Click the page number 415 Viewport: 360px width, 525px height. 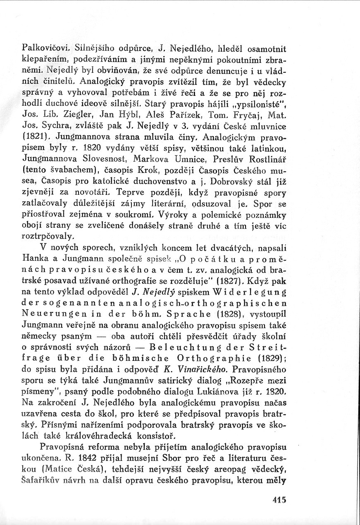pos(279,499)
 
